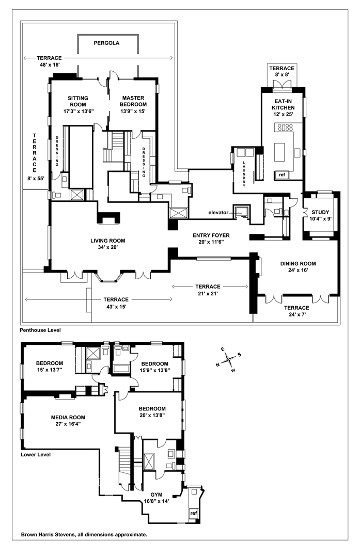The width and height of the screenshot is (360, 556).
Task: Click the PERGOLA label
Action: pyautogui.click(x=106, y=43)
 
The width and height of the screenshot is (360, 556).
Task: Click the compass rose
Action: pyautogui.click(x=228, y=359)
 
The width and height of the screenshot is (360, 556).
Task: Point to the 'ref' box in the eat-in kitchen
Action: pyautogui.click(x=281, y=174)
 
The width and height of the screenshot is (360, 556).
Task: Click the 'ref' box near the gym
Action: pyautogui.click(x=194, y=513)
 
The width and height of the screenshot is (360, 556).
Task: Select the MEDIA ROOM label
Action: pyautogui.click(x=68, y=417)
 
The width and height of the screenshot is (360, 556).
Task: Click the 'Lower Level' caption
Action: pyautogui.click(x=36, y=455)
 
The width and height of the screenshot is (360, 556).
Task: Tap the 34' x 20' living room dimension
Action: pyautogui.click(x=107, y=248)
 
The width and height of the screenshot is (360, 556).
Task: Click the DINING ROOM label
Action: pyautogui.click(x=298, y=263)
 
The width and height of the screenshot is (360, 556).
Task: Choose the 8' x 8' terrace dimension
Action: pyautogui.click(x=281, y=75)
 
